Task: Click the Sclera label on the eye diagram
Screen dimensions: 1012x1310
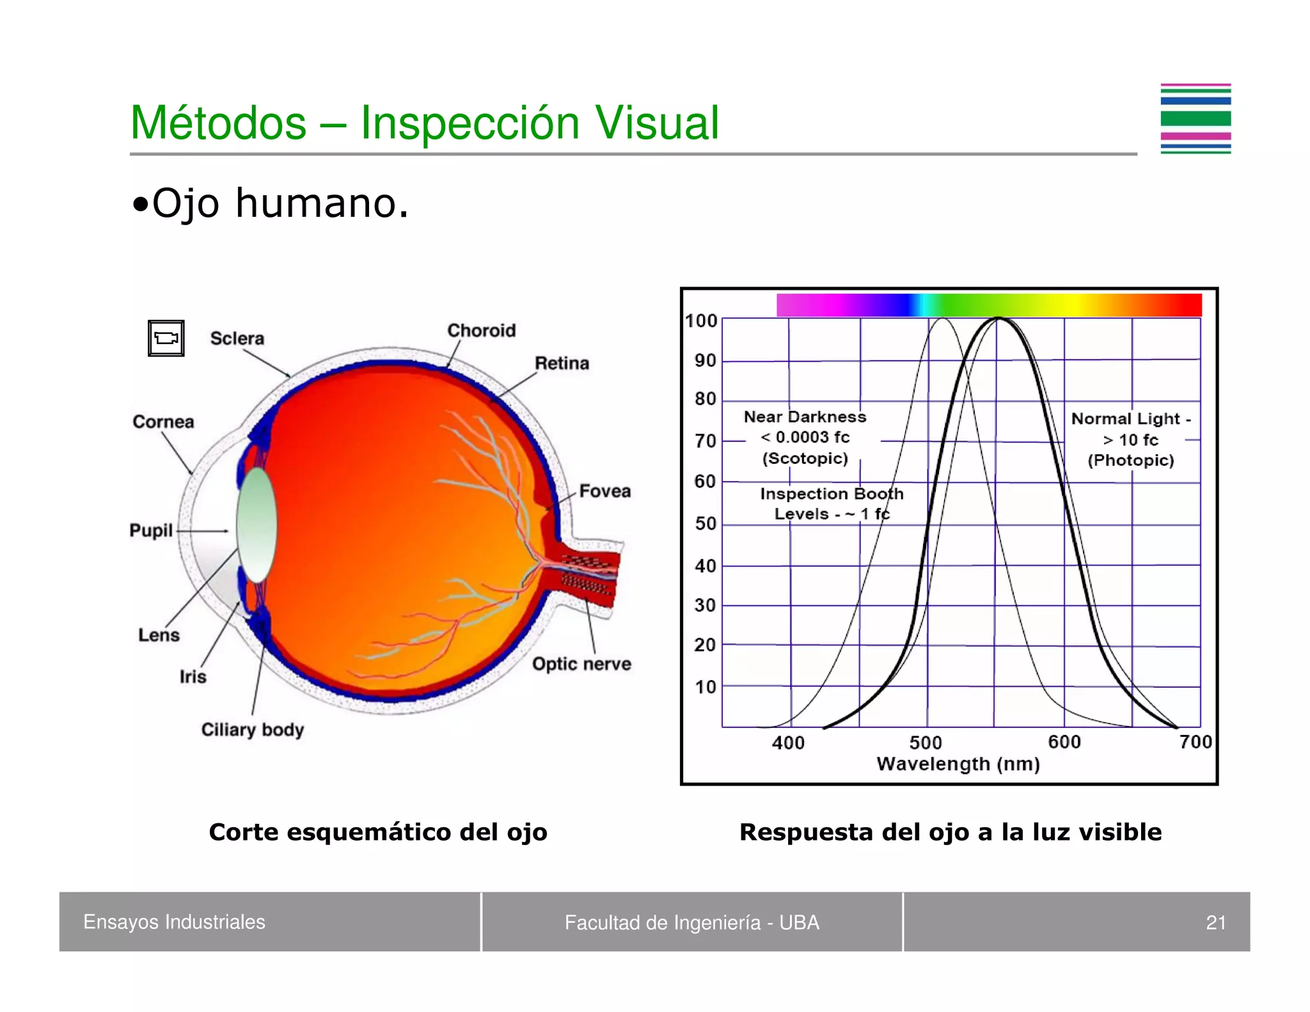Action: (237, 338)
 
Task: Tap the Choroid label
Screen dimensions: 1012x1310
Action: (481, 330)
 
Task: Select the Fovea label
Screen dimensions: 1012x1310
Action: (604, 491)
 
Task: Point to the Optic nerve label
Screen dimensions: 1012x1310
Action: (581, 663)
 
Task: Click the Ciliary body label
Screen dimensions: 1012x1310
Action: (253, 729)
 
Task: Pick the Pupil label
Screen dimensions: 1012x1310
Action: (151, 530)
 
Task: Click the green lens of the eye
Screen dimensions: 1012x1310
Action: (256, 525)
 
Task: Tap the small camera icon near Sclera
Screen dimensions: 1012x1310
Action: (166, 338)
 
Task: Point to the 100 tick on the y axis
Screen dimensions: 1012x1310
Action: (701, 320)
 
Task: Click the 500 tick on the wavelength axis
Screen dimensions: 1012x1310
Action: (926, 743)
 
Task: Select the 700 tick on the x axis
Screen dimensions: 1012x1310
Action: (1196, 742)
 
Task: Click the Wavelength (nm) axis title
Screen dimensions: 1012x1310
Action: (958, 764)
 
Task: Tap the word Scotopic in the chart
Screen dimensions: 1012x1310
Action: (805, 458)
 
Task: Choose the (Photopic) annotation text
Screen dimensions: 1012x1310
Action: (1130, 460)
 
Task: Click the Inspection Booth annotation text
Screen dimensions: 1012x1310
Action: (832, 493)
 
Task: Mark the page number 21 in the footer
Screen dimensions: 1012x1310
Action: (1215, 922)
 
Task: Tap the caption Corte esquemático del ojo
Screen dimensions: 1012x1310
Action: (378, 832)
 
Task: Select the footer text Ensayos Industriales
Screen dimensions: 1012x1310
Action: (174, 922)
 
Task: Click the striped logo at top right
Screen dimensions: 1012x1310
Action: (1196, 119)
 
